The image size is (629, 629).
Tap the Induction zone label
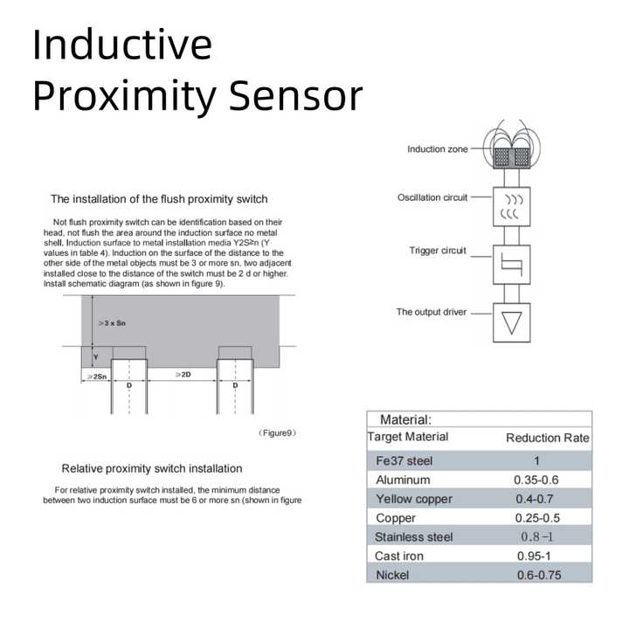[x=437, y=149]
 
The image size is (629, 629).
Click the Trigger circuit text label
[x=438, y=251]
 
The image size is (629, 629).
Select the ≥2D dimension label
[x=183, y=374]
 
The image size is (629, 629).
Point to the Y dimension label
[x=97, y=356]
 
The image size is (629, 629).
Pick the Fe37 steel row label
[x=404, y=460]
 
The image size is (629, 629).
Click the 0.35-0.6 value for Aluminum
[x=536, y=480]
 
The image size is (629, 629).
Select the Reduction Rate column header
[x=548, y=438]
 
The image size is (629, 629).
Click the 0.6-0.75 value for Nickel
[x=536, y=576]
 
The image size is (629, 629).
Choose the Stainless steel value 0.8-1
[x=536, y=537]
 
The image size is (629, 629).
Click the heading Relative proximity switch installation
[x=152, y=468]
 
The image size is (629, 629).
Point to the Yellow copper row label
[x=414, y=499]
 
